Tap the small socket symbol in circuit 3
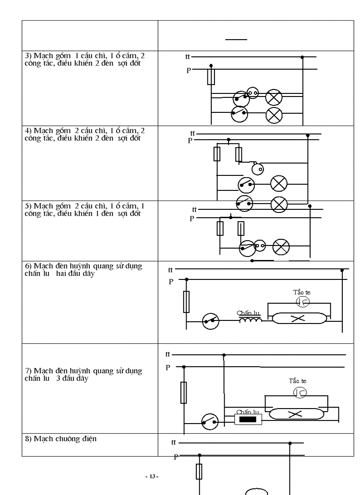252,93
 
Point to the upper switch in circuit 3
240,97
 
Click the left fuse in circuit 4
217,154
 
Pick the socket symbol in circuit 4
257,167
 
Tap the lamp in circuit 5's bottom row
280,247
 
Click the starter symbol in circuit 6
303,301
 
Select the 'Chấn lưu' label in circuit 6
249,313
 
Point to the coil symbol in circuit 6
250,320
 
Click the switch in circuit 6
210,322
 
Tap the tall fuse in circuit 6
186,302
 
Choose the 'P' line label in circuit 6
171,282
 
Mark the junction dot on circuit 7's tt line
225,354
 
